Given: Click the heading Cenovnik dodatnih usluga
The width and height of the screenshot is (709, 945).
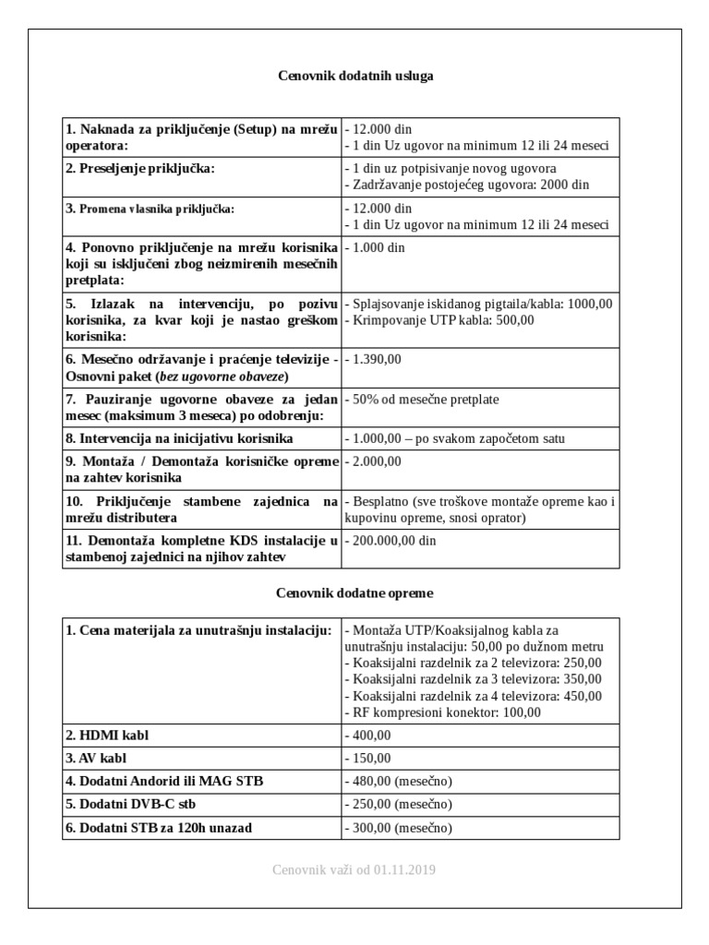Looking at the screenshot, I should pyautogui.click(x=355, y=77).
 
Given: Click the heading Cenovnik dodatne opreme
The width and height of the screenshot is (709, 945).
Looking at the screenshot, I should pyautogui.click(x=355, y=592).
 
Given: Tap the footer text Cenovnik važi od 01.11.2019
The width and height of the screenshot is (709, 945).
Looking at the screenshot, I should pyautogui.click(x=355, y=869).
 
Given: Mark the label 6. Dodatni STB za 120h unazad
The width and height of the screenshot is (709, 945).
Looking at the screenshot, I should pyautogui.click(x=159, y=828).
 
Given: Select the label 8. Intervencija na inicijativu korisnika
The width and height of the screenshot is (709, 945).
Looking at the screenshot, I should pyautogui.click(x=179, y=438).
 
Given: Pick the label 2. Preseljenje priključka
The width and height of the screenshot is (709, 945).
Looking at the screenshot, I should pyautogui.click(x=139, y=169).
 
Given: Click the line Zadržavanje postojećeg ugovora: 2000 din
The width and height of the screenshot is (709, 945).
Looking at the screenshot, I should pyautogui.click(x=467, y=185).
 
